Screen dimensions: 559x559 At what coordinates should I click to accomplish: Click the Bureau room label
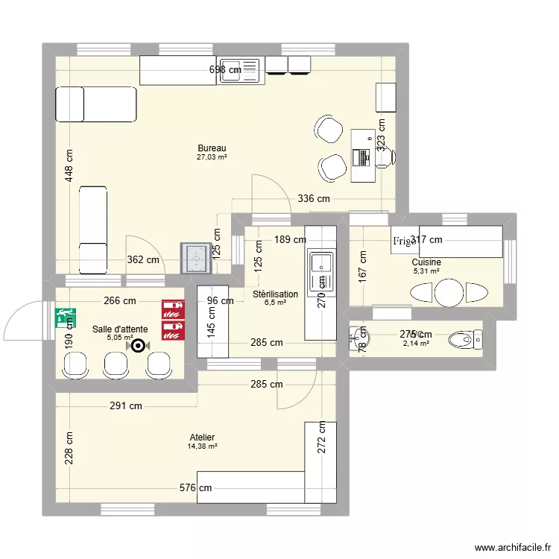coord(212,148)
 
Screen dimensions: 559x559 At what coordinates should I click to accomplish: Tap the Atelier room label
coord(201,438)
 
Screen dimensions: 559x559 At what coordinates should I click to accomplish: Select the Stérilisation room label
coord(275,294)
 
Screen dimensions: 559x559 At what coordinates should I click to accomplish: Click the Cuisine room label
coord(426,262)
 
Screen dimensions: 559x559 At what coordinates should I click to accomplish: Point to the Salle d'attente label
coord(120,329)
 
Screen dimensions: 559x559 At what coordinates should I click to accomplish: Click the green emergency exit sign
coord(65,318)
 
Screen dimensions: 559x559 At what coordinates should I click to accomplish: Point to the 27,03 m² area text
coord(212,157)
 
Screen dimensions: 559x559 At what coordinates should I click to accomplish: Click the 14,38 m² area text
coord(202,446)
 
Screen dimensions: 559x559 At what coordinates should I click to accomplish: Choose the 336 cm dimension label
coord(313,199)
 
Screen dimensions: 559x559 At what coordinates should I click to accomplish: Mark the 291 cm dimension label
coord(125,406)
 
